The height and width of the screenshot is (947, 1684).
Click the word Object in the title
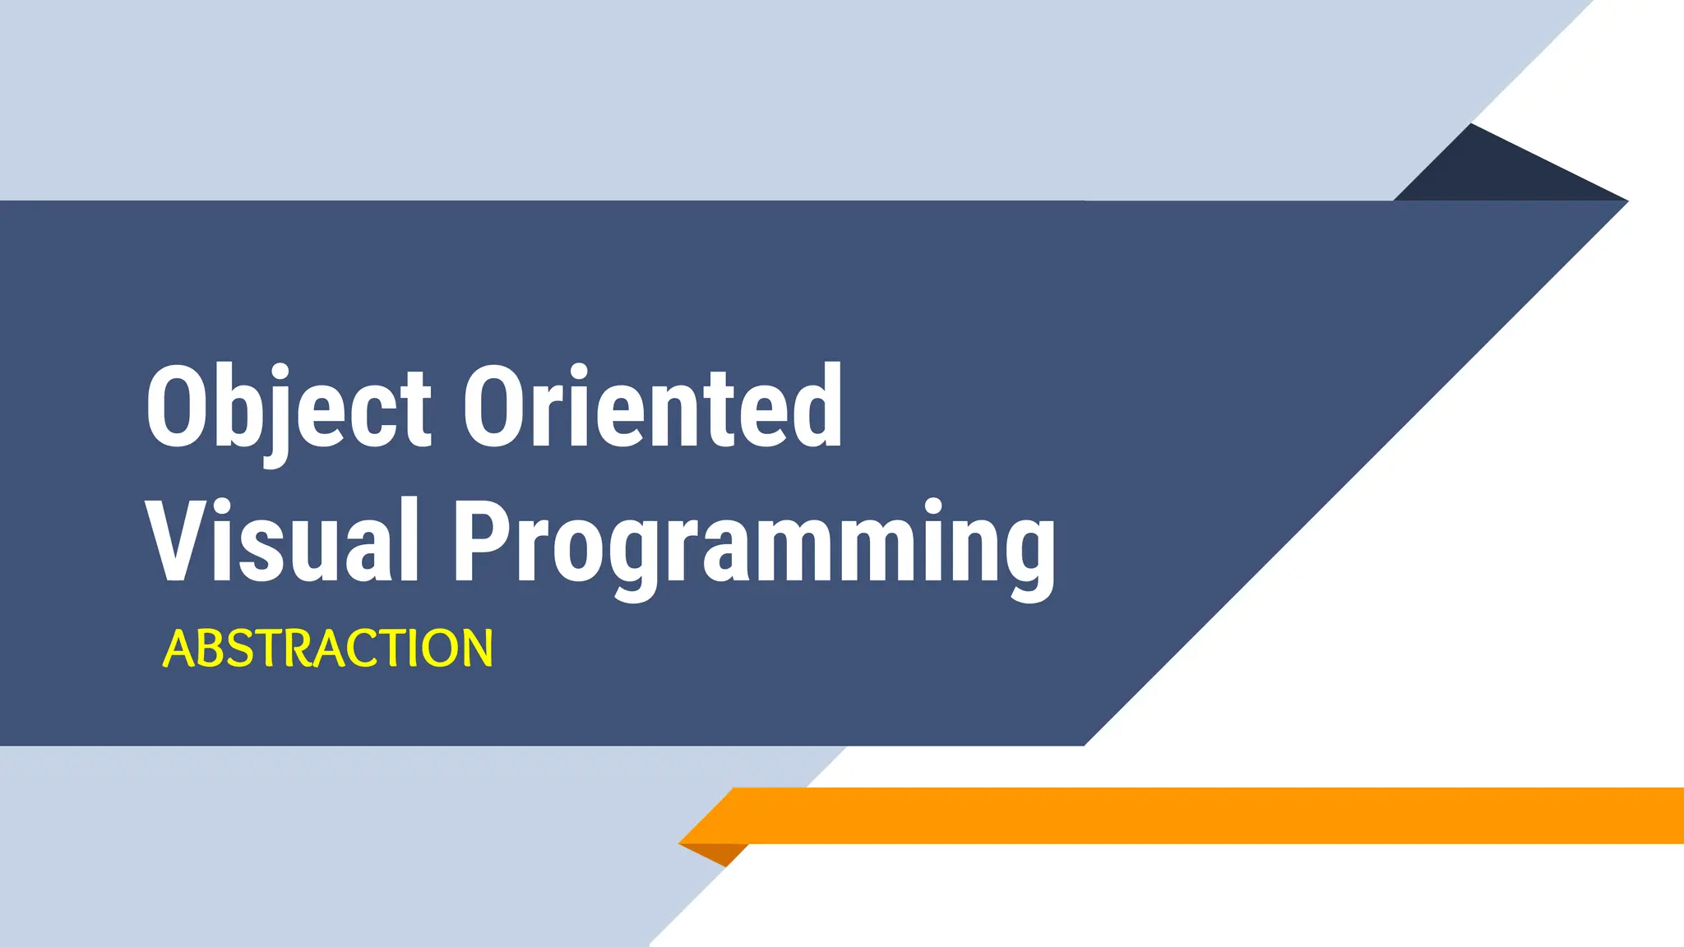[288, 409]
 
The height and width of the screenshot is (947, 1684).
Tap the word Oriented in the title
[652, 406]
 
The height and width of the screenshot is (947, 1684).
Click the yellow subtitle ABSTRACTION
[328, 649]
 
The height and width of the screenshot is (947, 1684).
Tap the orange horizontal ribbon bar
[1192, 815]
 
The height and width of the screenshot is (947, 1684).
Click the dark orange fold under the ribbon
[720, 852]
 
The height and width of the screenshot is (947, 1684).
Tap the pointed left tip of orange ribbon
[682, 843]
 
